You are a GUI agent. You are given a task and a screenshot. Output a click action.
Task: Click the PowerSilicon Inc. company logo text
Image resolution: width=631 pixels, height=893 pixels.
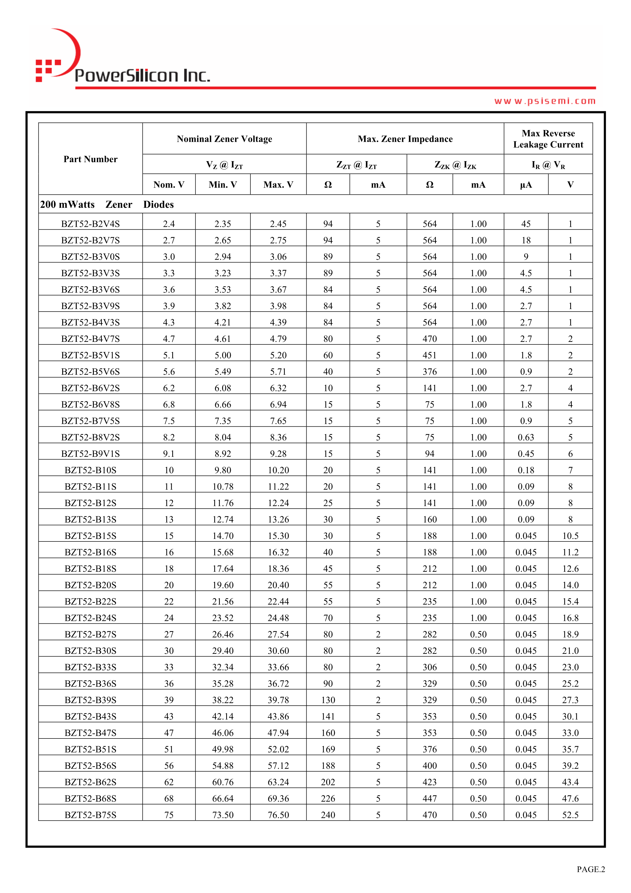tap(142, 75)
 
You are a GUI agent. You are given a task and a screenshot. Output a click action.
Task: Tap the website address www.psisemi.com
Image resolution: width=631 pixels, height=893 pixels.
tap(545, 101)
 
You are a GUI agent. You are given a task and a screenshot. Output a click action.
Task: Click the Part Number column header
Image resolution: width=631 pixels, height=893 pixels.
tap(90, 159)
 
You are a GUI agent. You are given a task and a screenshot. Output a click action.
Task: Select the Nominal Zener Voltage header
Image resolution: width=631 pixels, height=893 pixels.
tap(224, 139)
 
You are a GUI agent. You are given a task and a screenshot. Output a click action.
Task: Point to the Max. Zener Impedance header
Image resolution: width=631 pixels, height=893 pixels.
tap(405, 139)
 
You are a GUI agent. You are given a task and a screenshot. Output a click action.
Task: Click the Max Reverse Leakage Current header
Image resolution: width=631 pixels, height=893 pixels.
tap(548, 139)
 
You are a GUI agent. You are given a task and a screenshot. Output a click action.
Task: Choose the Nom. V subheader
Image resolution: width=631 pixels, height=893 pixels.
tap(169, 185)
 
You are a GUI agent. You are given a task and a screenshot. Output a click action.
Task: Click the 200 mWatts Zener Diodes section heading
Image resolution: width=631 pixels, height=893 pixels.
tap(107, 205)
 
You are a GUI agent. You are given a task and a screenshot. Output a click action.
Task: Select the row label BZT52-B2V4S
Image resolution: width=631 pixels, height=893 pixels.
tap(90, 224)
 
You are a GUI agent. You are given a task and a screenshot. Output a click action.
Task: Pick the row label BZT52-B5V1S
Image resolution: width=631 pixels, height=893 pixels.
tap(90, 355)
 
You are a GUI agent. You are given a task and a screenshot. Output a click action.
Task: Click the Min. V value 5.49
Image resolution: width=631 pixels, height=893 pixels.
tap(223, 372)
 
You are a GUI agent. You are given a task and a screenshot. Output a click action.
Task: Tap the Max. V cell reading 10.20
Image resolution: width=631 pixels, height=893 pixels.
tap(278, 470)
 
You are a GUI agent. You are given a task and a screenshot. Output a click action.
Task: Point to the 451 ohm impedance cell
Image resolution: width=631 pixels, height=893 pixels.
tap(429, 355)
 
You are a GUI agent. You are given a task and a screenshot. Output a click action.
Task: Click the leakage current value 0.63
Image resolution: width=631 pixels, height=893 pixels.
tap(526, 438)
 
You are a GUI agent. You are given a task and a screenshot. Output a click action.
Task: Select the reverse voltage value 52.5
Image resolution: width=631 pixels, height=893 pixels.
tap(570, 815)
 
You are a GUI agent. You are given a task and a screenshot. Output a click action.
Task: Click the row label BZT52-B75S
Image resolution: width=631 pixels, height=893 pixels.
tap(90, 815)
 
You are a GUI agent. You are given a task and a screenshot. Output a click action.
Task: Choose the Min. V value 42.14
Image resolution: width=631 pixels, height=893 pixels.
tap(223, 716)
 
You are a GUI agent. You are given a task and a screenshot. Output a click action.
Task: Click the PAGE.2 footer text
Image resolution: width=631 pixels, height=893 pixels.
tap(591, 869)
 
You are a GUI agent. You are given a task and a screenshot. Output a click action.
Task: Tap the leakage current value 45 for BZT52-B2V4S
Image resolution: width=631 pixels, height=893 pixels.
tap(526, 224)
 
